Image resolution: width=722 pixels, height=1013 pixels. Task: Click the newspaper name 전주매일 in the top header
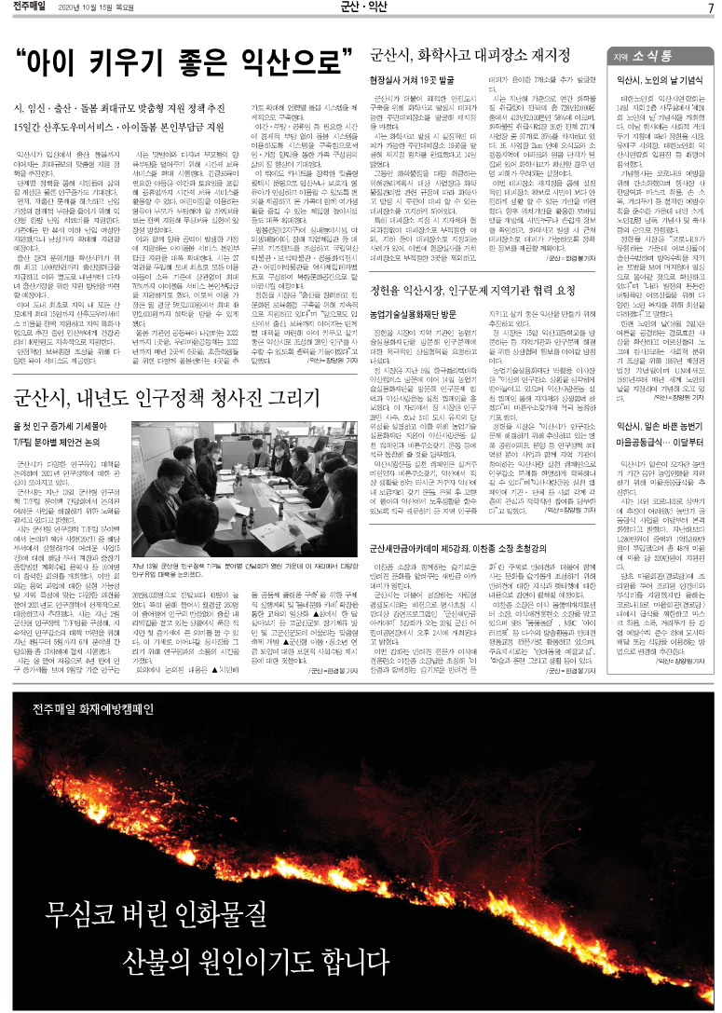click(29, 8)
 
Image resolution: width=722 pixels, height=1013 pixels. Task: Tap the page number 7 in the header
click(710, 9)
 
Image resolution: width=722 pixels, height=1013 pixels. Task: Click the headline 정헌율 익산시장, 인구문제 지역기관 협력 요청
click(482, 289)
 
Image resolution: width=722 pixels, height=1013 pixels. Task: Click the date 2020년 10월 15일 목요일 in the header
click(96, 9)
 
